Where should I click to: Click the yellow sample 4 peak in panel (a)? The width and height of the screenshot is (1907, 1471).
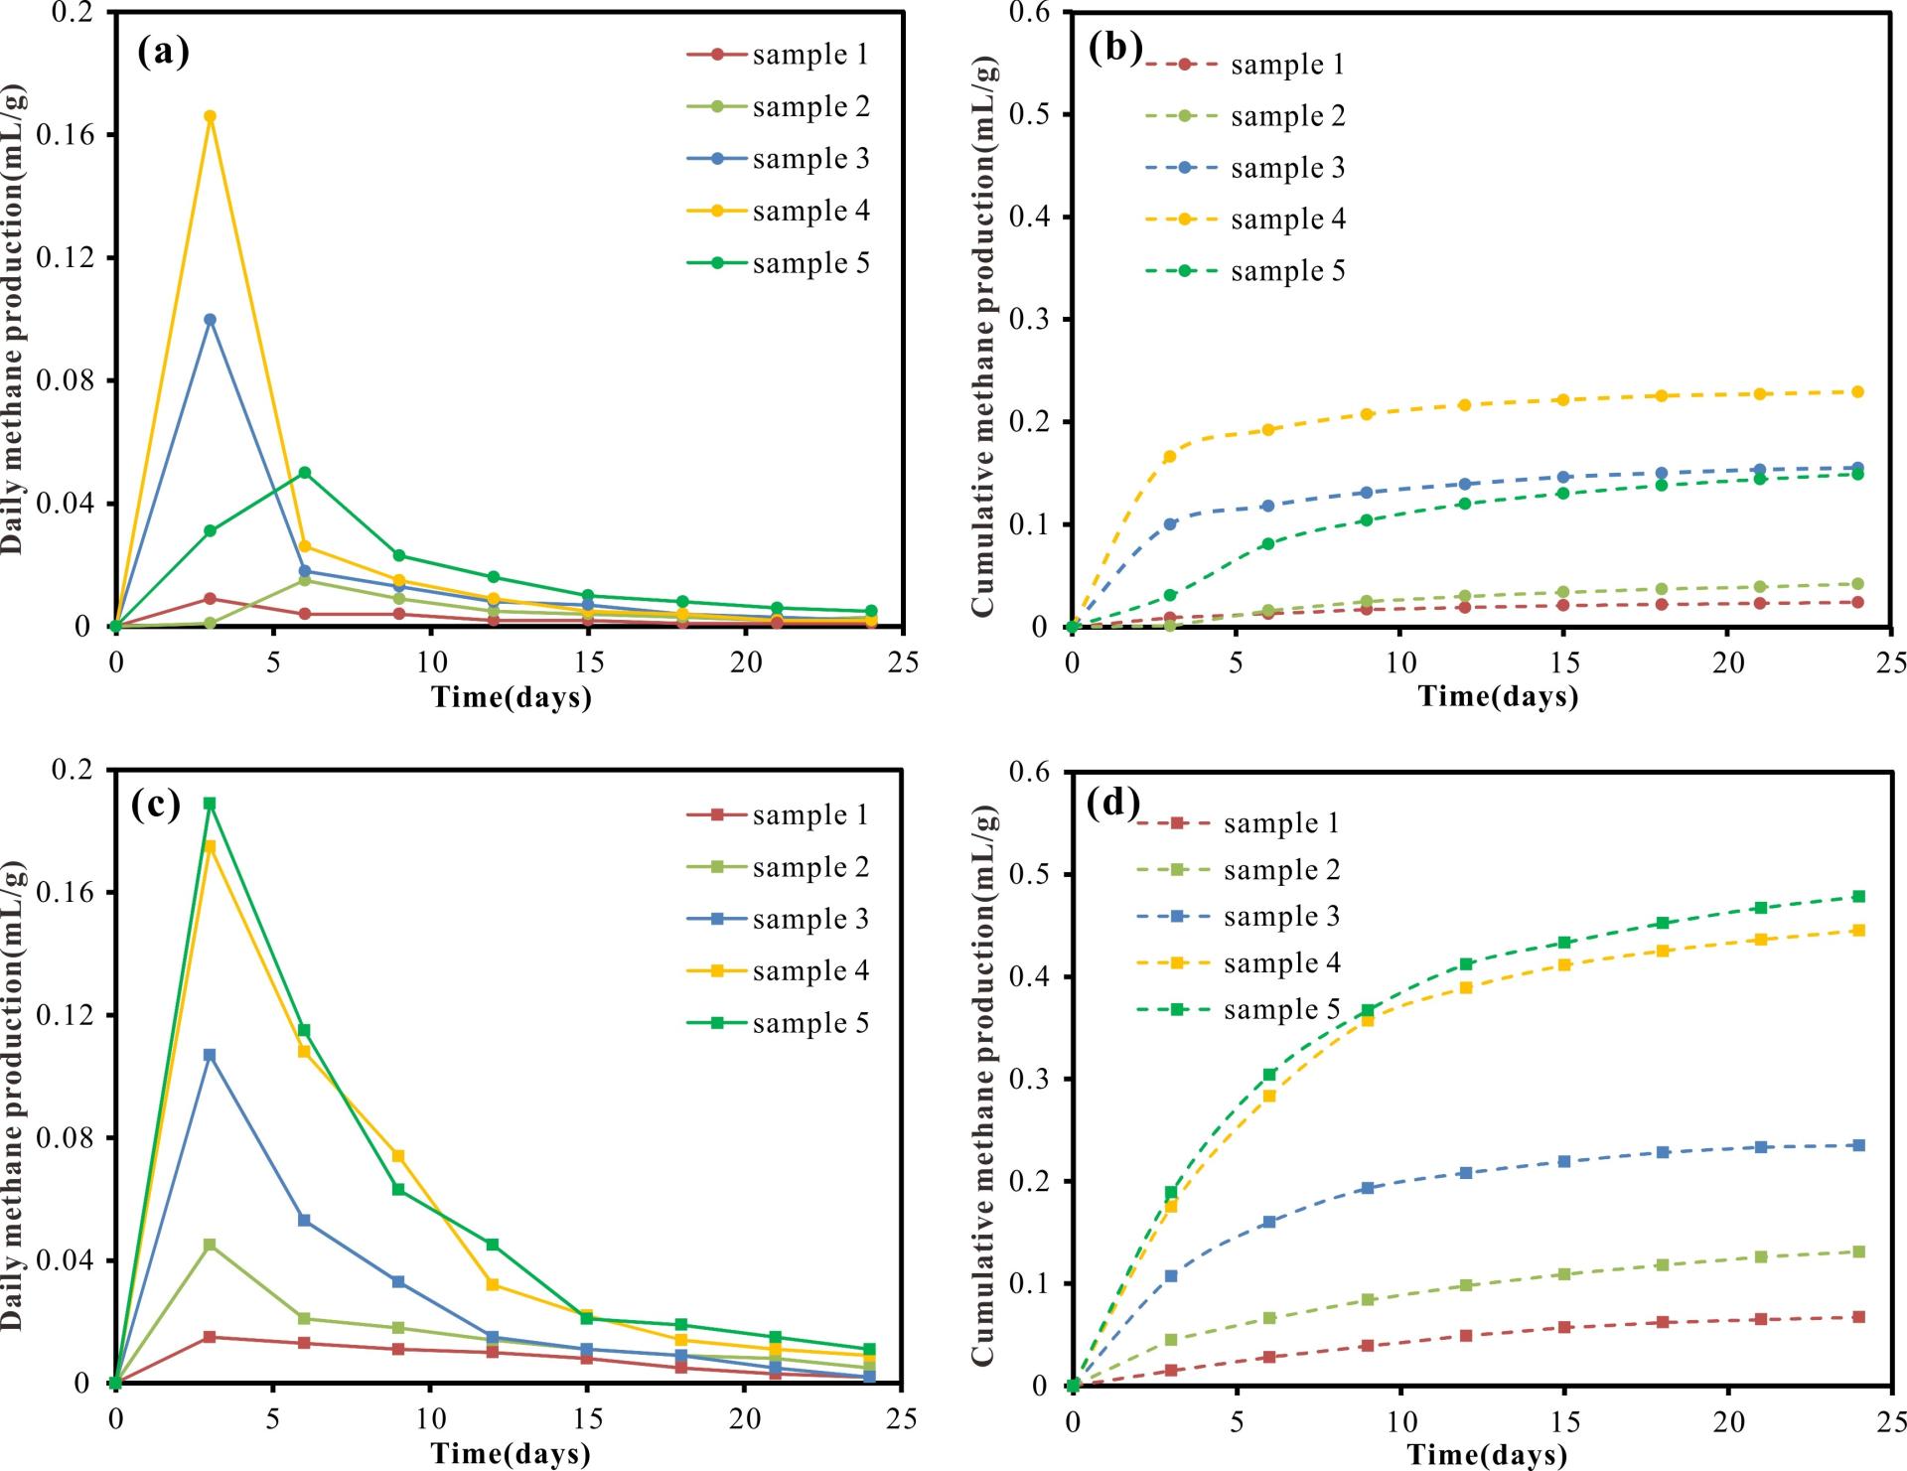[x=210, y=116]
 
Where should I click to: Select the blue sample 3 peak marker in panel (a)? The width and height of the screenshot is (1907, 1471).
[x=210, y=319]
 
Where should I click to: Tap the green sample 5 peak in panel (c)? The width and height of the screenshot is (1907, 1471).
[x=210, y=803]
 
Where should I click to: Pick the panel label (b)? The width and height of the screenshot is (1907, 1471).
[x=1114, y=47]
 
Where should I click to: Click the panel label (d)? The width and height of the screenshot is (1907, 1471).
[x=1112, y=803]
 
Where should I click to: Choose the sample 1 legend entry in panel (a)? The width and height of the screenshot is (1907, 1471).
[x=778, y=55]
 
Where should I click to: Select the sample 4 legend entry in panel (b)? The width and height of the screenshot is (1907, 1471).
[x=1246, y=220]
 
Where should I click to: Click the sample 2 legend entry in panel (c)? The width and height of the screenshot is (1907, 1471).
[x=778, y=867]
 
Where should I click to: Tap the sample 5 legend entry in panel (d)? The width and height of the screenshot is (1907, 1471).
[x=1240, y=1010]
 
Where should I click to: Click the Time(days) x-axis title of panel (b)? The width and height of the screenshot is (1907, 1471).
[x=1498, y=696]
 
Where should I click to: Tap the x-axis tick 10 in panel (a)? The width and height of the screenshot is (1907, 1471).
[x=430, y=662]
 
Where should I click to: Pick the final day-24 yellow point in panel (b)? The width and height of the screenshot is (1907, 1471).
[x=1857, y=391]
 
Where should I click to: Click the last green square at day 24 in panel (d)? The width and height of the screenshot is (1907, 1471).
[x=1857, y=896]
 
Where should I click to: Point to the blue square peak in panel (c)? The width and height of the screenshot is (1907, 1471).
[x=210, y=1055]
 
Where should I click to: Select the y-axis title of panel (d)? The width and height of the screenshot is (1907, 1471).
[x=983, y=1085]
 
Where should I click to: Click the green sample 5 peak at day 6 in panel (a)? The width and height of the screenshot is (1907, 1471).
[x=304, y=472]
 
